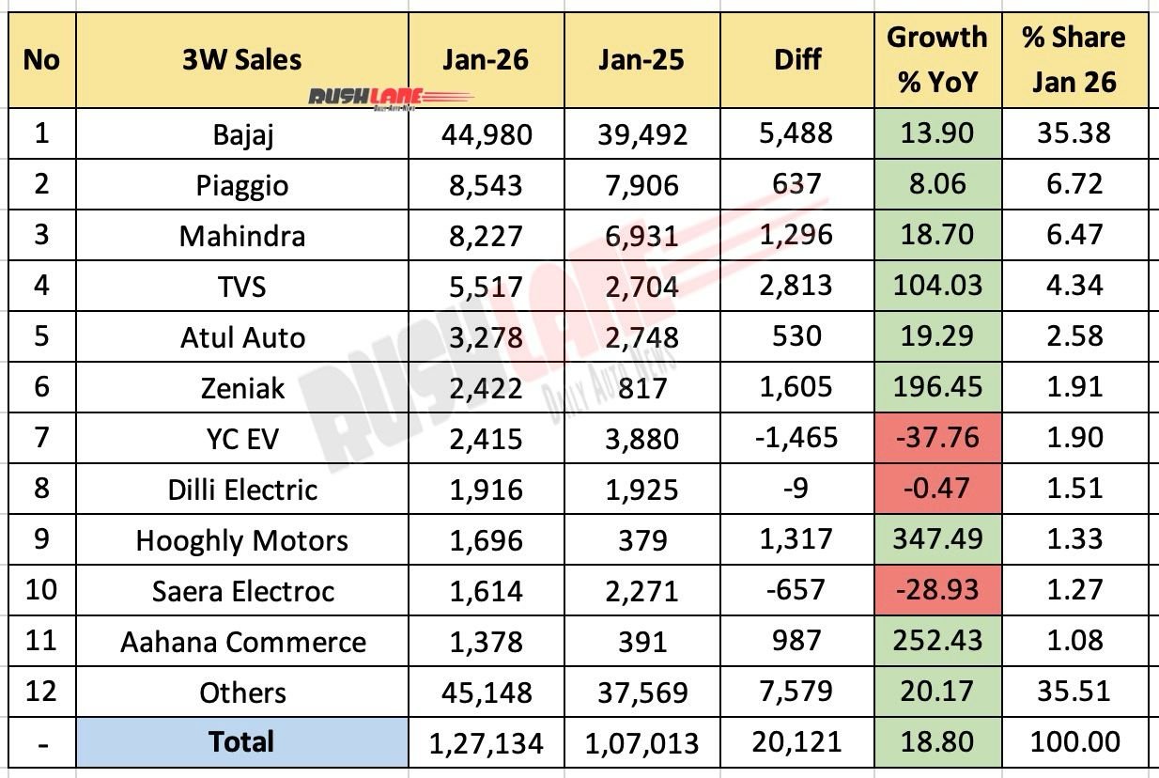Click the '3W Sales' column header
coord(242,58)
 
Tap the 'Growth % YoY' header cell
coord(936,60)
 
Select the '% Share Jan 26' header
coord(1074,60)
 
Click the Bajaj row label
coord(242,133)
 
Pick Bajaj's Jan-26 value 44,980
coord(486,133)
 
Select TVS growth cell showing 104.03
coord(936,286)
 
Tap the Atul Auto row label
coord(242,336)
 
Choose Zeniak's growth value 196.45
coord(936,387)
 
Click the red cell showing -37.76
coord(936,438)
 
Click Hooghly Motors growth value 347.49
coord(936,539)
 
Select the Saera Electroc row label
coord(242,591)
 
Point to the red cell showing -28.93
coord(936,591)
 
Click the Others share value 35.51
coord(1074,692)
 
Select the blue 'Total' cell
coord(242,742)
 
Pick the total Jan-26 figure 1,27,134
coord(486,743)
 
